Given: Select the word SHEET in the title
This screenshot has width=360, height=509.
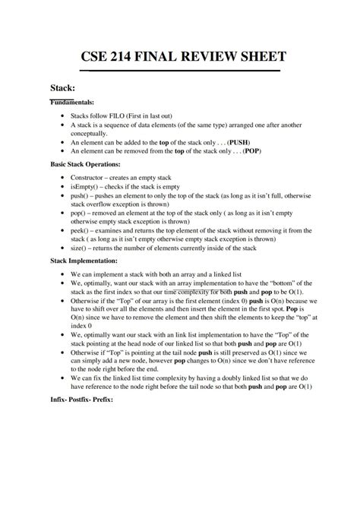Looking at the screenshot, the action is point(260,58).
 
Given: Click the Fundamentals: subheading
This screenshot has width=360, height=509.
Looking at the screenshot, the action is point(72,102).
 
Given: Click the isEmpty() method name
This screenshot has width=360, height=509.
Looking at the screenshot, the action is point(84,186).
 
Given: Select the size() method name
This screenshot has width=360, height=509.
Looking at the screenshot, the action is point(81,248).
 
